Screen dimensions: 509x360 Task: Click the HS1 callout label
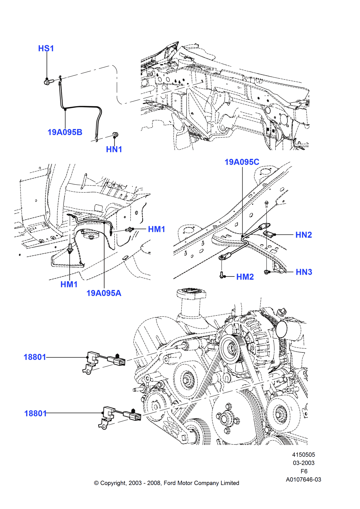46,49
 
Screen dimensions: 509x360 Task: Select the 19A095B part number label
65,132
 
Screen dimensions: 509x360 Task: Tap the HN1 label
114,149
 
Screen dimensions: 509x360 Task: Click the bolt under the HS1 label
48,82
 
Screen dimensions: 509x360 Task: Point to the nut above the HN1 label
115,135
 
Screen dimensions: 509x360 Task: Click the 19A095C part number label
242,162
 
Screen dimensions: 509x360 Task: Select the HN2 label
303,235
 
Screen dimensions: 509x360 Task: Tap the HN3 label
304,272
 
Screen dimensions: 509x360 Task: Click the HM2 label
245,277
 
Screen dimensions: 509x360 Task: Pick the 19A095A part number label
104,293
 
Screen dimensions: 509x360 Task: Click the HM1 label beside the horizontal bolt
156,229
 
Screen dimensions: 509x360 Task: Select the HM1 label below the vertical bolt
69,284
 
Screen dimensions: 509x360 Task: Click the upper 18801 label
35,357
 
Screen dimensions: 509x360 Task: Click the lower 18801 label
35,413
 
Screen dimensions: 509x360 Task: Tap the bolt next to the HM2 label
222,275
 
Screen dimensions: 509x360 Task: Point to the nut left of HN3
267,272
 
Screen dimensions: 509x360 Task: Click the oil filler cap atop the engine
191,293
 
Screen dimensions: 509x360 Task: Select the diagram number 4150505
303,455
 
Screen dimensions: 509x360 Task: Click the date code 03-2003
303,463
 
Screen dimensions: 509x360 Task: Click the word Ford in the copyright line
170,483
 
